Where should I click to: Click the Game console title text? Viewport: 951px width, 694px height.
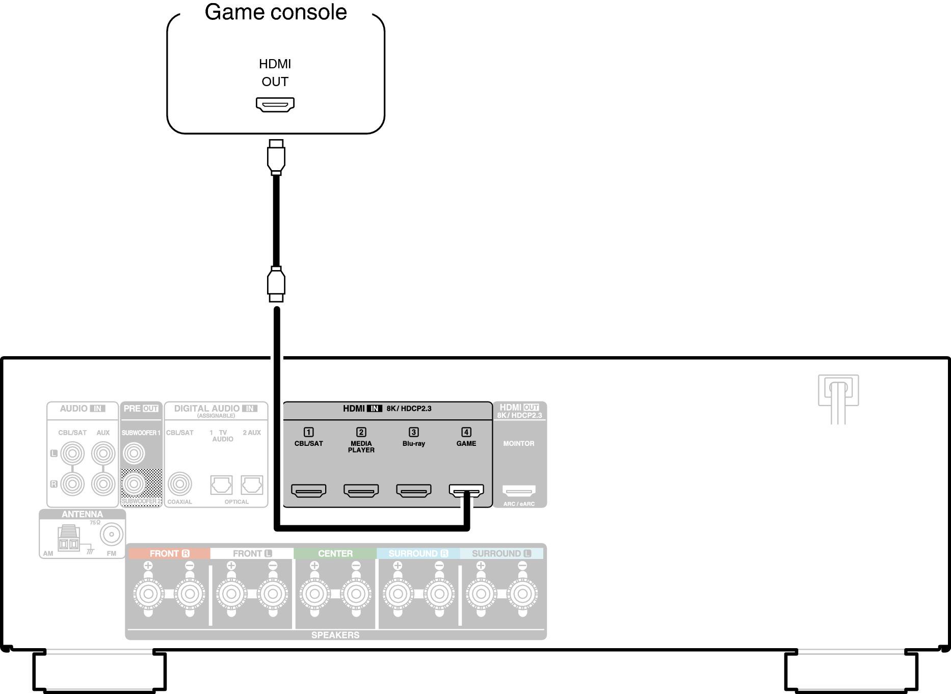pyautogui.click(x=276, y=12)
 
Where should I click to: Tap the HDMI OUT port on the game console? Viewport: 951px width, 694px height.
pyautogui.click(x=275, y=104)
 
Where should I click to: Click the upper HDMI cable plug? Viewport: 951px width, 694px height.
pyautogui.click(x=276, y=157)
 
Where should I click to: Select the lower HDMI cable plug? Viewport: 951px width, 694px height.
pyautogui.click(x=276, y=283)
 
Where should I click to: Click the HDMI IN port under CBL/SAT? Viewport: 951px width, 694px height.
pyautogui.click(x=308, y=491)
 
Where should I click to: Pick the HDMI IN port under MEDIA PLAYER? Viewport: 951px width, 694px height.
pyautogui.click(x=361, y=491)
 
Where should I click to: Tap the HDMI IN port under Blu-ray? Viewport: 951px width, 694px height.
pyautogui.click(x=413, y=491)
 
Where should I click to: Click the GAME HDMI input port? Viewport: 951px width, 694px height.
pyautogui.click(x=466, y=491)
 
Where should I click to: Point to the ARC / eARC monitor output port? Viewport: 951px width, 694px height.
pyautogui.click(x=519, y=491)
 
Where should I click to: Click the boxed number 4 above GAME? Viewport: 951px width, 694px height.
pyautogui.click(x=466, y=432)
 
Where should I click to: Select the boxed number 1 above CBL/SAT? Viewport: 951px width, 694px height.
pyautogui.click(x=308, y=432)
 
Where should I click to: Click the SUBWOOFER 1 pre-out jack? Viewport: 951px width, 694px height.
pyautogui.click(x=134, y=453)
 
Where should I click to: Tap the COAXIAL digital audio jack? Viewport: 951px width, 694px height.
pyautogui.click(x=179, y=484)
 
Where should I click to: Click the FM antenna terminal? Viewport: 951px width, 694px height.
pyautogui.click(x=111, y=535)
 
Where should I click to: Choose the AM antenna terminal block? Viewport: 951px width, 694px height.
pyautogui.click(x=68, y=539)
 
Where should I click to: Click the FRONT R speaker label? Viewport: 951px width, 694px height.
pyautogui.click(x=169, y=553)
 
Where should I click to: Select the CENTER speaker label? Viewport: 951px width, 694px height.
pyautogui.click(x=335, y=553)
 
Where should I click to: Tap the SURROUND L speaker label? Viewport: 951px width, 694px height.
pyautogui.click(x=501, y=553)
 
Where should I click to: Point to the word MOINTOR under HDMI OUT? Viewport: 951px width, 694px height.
pyautogui.click(x=519, y=443)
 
